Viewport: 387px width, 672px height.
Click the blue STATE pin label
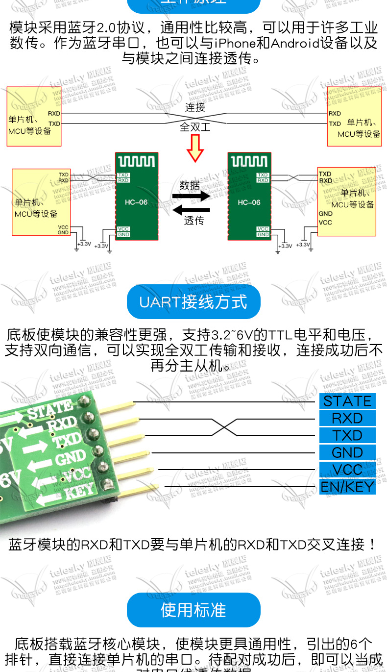(347, 401)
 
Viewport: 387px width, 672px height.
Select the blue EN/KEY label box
(347, 487)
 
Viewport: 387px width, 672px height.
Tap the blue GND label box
(347, 452)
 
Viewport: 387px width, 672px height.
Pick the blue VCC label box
(347, 470)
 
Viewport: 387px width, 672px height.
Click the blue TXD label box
(347, 435)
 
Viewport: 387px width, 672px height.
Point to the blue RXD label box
(347, 418)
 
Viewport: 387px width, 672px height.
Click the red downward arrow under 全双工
(195, 148)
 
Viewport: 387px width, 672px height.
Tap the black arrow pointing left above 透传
(191, 210)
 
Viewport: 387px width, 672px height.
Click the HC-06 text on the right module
(249, 202)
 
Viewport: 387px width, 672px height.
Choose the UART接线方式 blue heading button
(193, 301)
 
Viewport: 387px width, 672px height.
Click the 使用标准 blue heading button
(193, 610)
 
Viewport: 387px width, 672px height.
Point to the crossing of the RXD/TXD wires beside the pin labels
(224, 427)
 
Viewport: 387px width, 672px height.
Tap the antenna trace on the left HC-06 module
(137, 161)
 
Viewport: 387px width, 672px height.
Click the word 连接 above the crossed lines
(195, 107)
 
